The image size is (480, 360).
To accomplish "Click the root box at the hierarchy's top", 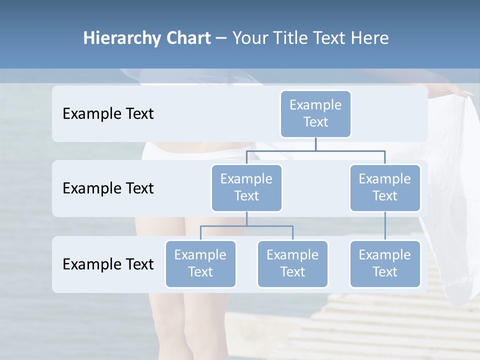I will click(x=315, y=113).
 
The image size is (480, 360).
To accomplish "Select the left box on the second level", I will click(x=246, y=187).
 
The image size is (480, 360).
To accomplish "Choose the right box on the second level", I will click(x=385, y=187).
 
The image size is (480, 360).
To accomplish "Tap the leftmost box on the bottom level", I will click(x=200, y=263).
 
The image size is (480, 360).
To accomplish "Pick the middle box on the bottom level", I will click(x=292, y=263).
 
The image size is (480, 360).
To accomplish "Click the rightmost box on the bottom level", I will click(x=385, y=263).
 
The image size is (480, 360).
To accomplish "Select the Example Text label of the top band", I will click(x=108, y=114).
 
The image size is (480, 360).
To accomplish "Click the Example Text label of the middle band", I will click(x=108, y=188).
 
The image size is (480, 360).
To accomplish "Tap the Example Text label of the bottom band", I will click(x=108, y=264).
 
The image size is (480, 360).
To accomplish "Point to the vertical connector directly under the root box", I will click(x=315, y=144).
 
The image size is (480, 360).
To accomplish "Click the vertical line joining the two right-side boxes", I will click(x=385, y=226).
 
